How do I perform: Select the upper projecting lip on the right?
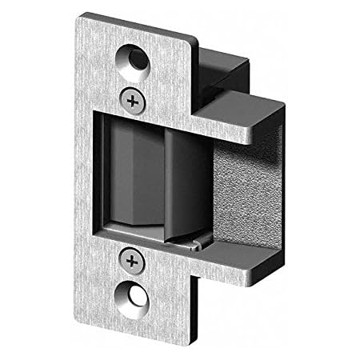coord(240,112)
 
